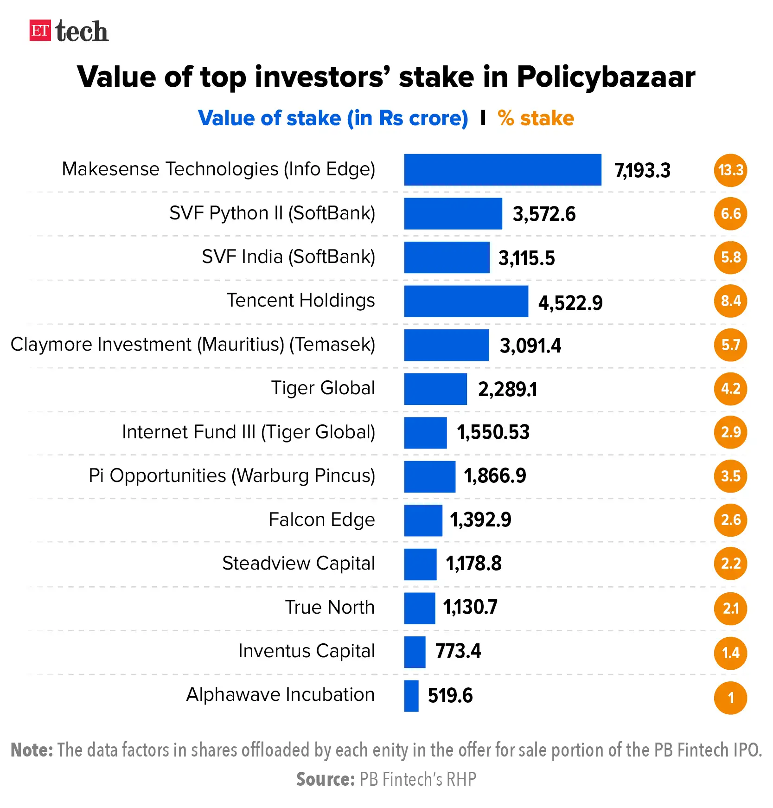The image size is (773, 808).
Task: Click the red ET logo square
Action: (40, 31)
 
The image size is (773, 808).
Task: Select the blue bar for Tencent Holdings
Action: (466, 301)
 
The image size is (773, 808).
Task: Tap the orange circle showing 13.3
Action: (730, 170)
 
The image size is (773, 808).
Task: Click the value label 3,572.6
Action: (544, 214)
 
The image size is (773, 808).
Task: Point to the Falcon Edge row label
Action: (321, 519)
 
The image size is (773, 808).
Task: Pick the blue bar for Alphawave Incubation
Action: (411, 696)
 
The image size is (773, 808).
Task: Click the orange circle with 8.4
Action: (730, 301)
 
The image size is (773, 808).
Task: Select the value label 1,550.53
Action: (493, 432)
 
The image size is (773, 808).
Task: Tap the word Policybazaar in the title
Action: (606, 77)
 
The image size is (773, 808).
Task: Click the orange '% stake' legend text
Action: (536, 118)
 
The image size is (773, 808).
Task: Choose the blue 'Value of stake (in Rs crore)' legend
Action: (333, 118)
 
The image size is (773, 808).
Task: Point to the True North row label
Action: (330, 607)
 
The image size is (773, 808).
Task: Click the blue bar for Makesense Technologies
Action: (502, 170)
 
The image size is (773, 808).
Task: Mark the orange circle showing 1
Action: (730, 698)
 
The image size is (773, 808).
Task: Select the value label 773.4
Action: (458, 651)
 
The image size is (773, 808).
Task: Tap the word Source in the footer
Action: (325, 779)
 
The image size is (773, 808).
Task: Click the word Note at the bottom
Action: (32, 750)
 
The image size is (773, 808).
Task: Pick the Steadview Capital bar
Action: (420, 564)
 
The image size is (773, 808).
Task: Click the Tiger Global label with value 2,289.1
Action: (323, 388)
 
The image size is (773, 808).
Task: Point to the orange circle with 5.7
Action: (730, 345)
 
